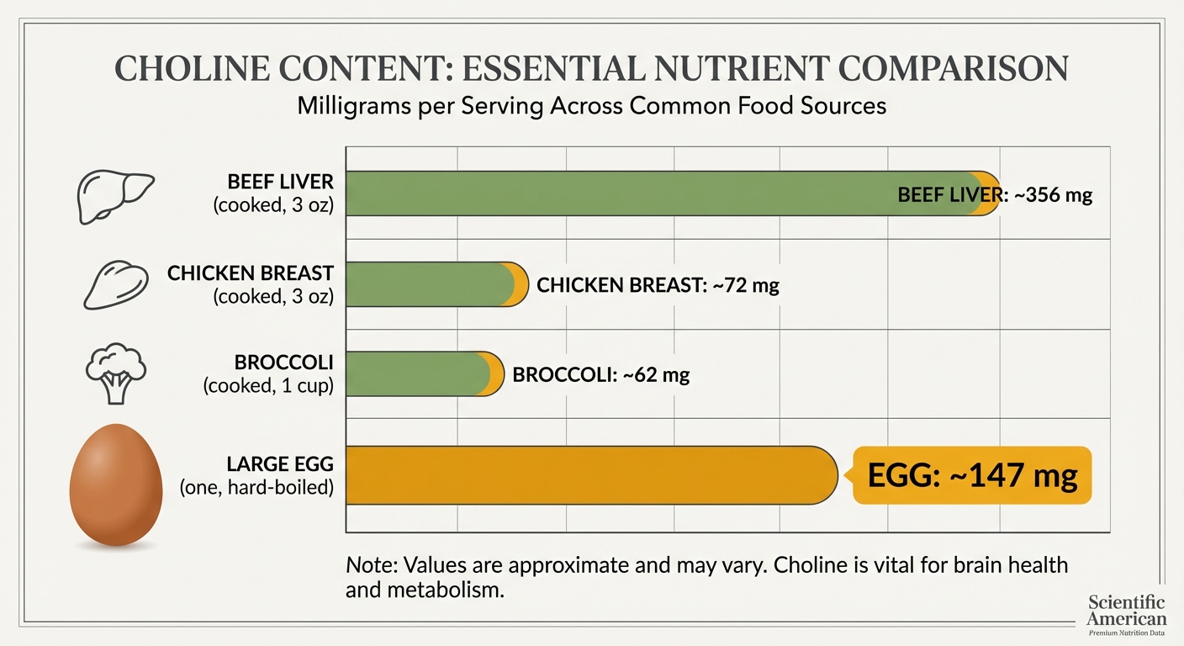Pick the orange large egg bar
pyautogui.click(x=589, y=475)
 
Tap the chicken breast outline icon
pyautogui.click(x=115, y=283)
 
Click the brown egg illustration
pyautogui.click(x=116, y=485)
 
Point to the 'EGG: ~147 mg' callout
pyautogui.click(x=972, y=476)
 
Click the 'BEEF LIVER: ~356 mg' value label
pyautogui.click(x=995, y=195)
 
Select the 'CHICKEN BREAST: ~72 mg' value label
pyautogui.click(x=658, y=285)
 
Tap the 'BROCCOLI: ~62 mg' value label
pyautogui.click(x=600, y=375)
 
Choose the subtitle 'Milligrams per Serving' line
pyautogui.click(x=591, y=107)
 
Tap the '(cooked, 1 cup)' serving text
pyautogui.click(x=268, y=386)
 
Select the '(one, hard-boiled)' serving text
pyautogui.click(x=256, y=486)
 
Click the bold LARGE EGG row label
pyautogui.click(x=280, y=464)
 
